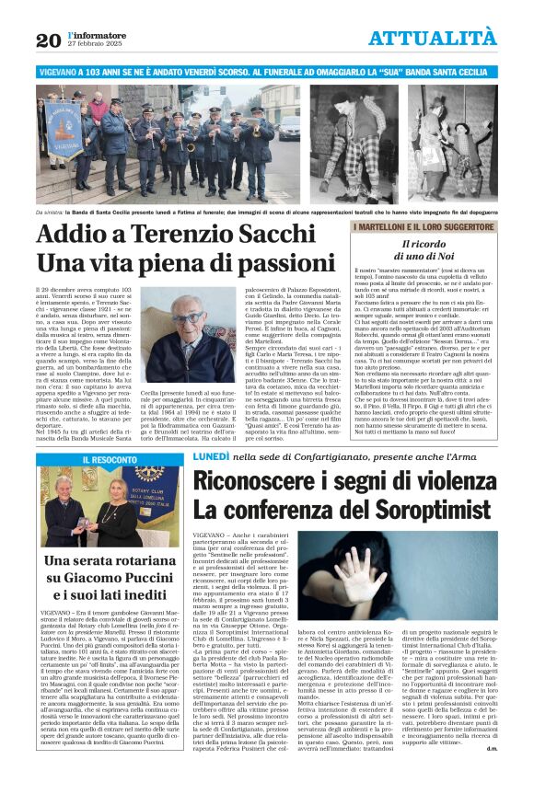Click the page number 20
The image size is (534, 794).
point(48,40)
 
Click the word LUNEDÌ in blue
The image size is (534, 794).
point(217,457)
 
